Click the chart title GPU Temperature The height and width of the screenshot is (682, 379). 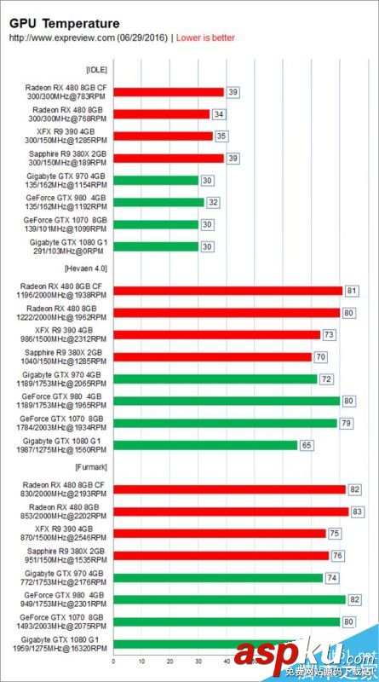(65, 24)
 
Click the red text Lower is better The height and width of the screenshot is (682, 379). (205, 38)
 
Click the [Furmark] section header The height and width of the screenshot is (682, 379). (91, 467)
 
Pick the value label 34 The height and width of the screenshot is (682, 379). (219, 113)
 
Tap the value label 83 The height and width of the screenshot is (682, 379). (359, 511)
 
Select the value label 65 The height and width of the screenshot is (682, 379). (307, 445)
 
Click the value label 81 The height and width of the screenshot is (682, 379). (352, 291)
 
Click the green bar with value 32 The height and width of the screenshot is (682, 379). (158, 202)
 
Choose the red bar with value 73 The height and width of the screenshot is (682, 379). (216, 334)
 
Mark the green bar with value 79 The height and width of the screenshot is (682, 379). (225, 423)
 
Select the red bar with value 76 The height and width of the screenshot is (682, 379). (221, 556)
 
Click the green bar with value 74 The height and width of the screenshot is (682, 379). (217, 578)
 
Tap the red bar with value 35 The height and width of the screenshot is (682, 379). (162, 136)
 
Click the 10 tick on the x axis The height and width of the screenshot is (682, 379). (141, 662)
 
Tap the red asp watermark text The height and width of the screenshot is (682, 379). (267, 656)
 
